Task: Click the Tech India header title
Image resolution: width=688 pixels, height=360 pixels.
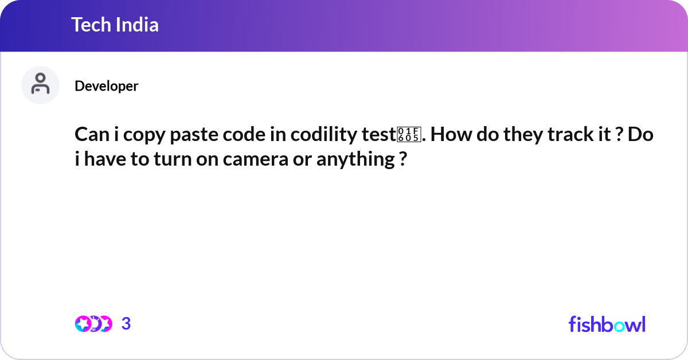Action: (x=115, y=25)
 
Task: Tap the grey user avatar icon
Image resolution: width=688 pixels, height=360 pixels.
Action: (x=40, y=85)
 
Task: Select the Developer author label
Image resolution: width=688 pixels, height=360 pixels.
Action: (x=106, y=86)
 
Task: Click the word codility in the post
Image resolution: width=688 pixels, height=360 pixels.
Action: (x=325, y=136)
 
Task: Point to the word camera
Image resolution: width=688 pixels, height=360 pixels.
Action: (x=255, y=159)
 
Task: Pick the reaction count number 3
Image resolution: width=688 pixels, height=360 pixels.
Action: (x=126, y=324)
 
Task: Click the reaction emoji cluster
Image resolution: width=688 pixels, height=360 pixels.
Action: (x=93, y=324)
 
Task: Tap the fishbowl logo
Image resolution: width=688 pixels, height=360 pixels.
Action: (x=607, y=324)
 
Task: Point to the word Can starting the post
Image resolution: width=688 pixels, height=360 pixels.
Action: (x=90, y=136)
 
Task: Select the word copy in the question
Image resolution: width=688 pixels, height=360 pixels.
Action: (x=143, y=136)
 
